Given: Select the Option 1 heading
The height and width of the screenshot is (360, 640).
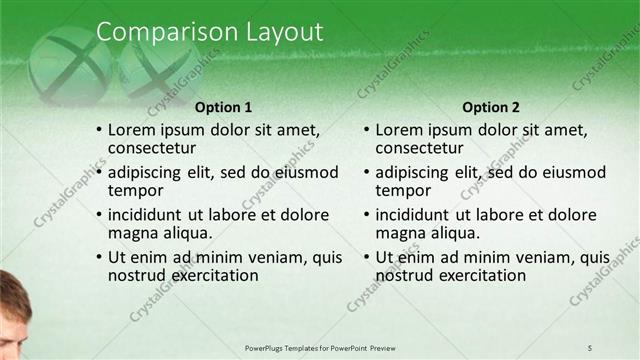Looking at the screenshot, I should click(x=223, y=107).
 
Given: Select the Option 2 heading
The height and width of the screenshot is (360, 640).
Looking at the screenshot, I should click(x=491, y=107).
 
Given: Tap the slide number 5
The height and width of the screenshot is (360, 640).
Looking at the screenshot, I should click(x=591, y=347).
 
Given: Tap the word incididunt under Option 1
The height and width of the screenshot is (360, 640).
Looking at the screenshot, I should click(x=144, y=215).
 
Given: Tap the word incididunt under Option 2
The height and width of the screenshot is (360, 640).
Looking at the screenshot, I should click(x=412, y=215).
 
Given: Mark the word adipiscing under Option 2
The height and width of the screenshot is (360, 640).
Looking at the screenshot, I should click(x=413, y=172).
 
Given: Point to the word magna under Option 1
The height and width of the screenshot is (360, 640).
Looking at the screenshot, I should click(x=131, y=233).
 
